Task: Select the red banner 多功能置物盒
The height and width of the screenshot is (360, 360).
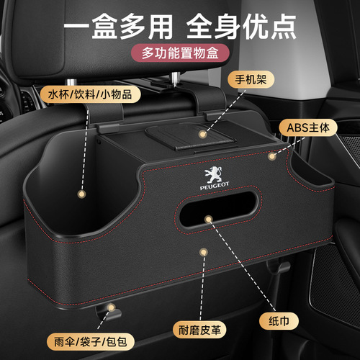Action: coord(179,54)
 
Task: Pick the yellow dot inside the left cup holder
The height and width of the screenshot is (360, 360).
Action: coord(81,194)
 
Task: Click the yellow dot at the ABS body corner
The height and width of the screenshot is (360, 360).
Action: coord(271,156)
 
